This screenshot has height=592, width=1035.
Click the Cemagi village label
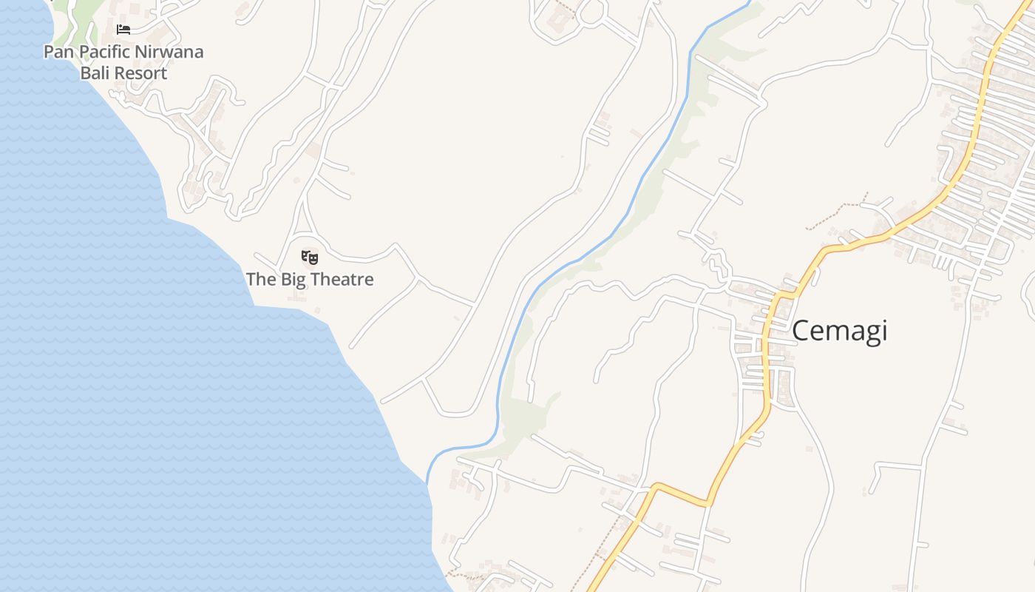[x=839, y=331]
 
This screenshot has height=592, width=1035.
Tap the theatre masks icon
[x=310, y=258]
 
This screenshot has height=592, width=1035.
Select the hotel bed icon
[x=123, y=30]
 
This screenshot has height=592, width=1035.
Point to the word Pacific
[x=104, y=52]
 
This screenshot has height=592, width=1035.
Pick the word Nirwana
[x=169, y=52]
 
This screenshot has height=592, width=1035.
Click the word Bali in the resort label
[x=94, y=73]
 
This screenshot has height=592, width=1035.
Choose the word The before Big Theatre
[x=260, y=279]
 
